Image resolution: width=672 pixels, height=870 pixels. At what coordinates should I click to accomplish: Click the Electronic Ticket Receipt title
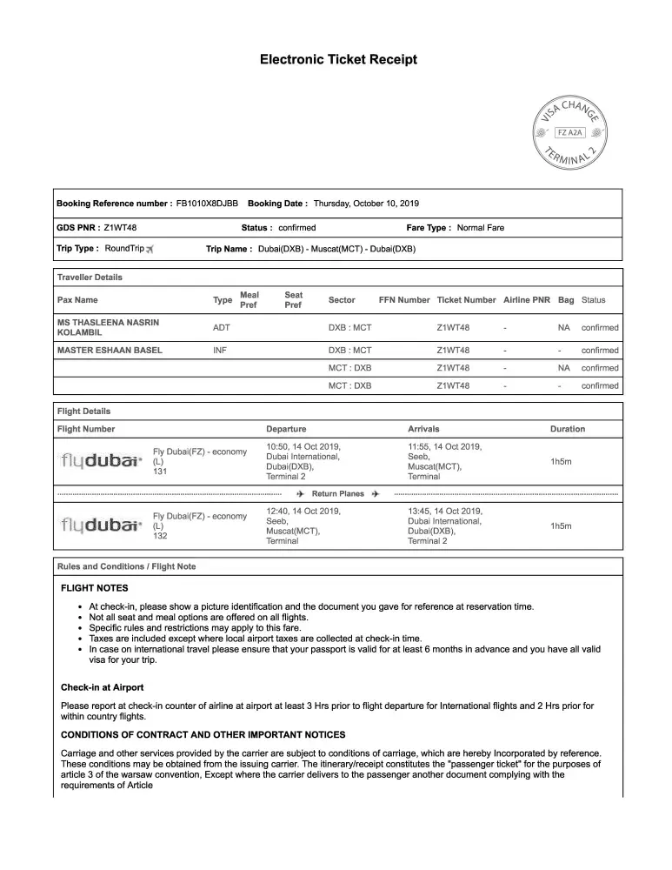click(x=338, y=60)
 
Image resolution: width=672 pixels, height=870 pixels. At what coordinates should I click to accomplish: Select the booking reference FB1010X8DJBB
click(x=207, y=204)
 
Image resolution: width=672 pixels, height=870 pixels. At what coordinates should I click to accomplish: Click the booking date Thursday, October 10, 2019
click(x=366, y=204)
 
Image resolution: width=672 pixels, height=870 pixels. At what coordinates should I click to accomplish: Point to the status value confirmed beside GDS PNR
click(x=297, y=228)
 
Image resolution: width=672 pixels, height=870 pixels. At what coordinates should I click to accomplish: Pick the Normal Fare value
click(x=480, y=228)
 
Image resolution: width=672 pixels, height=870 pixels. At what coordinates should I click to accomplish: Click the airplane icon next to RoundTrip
click(x=150, y=249)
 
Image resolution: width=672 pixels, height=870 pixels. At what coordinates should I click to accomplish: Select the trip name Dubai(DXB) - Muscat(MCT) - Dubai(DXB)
click(x=336, y=249)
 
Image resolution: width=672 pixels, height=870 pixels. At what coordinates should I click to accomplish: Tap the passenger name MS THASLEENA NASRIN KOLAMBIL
click(x=108, y=327)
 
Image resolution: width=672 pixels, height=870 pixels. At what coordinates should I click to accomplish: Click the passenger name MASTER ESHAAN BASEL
click(x=110, y=351)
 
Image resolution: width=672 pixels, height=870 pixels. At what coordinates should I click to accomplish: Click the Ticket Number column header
click(x=466, y=300)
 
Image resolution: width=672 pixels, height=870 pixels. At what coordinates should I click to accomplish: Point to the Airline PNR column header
click(x=527, y=300)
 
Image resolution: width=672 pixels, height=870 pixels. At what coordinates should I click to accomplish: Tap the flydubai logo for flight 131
click(x=102, y=461)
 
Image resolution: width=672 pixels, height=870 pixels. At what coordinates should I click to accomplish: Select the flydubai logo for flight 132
click(x=102, y=525)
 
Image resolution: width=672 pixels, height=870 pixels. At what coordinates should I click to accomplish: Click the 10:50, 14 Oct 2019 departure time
click(x=303, y=446)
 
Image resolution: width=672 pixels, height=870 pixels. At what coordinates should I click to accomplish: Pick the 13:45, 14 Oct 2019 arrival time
click(x=444, y=511)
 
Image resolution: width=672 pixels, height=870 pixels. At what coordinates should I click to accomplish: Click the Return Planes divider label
click(x=338, y=494)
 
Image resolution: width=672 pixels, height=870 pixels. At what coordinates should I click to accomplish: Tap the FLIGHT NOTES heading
click(x=94, y=588)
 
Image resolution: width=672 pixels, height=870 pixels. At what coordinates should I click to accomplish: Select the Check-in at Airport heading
click(x=102, y=687)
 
